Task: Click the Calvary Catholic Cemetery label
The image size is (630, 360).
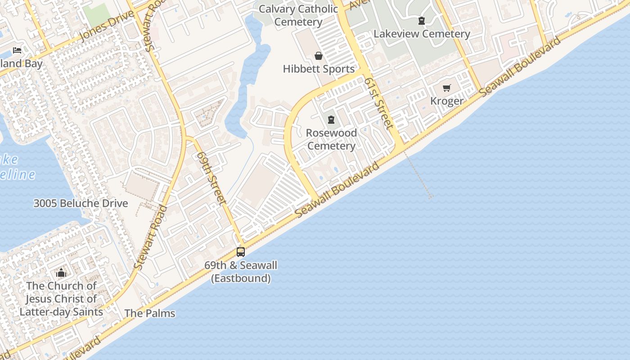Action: [298, 15]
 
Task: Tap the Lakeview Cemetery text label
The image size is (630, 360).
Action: [422, 34]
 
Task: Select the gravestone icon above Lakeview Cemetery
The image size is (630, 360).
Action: [422, 21]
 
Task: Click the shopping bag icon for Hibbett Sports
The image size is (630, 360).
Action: [319, 56]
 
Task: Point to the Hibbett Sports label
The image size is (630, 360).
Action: [319, 69]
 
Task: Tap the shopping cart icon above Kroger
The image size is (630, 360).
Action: [446, 88]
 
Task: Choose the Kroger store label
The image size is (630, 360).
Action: [446, 101]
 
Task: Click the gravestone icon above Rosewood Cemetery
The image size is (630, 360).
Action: [331, 120]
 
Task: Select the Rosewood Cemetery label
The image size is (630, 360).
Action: [331, 139]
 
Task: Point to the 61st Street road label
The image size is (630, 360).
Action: [379, 103]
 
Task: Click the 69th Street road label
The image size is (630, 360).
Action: [211, 178]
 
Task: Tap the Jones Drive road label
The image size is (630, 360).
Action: [107, 26]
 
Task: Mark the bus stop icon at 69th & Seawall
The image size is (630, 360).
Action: [241, 252]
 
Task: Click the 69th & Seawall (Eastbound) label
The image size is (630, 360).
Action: [241, 272]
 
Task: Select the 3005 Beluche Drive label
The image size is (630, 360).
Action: [81, 203]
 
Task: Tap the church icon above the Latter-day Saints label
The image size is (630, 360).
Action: [61, 273]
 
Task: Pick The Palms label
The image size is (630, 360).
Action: [149, 313]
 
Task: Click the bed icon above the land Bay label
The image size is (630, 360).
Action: [17, 50]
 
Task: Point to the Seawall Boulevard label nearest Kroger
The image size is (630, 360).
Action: [520, 66]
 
